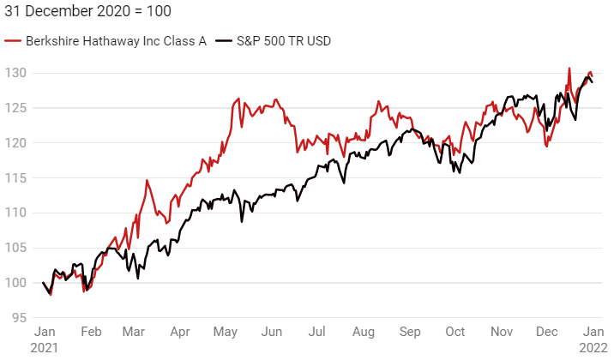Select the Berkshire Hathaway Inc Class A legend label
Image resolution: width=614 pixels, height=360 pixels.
(116, 41)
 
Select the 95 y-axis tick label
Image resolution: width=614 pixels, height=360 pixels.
(19, 318)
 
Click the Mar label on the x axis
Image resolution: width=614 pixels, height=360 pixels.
(134, 331)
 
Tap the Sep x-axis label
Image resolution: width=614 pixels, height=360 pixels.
(409, 331)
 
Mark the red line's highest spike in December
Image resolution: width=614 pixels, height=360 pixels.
(569, 69)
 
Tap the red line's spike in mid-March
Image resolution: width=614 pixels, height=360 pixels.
(147, 181)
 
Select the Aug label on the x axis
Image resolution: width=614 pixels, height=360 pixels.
(364, 331)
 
